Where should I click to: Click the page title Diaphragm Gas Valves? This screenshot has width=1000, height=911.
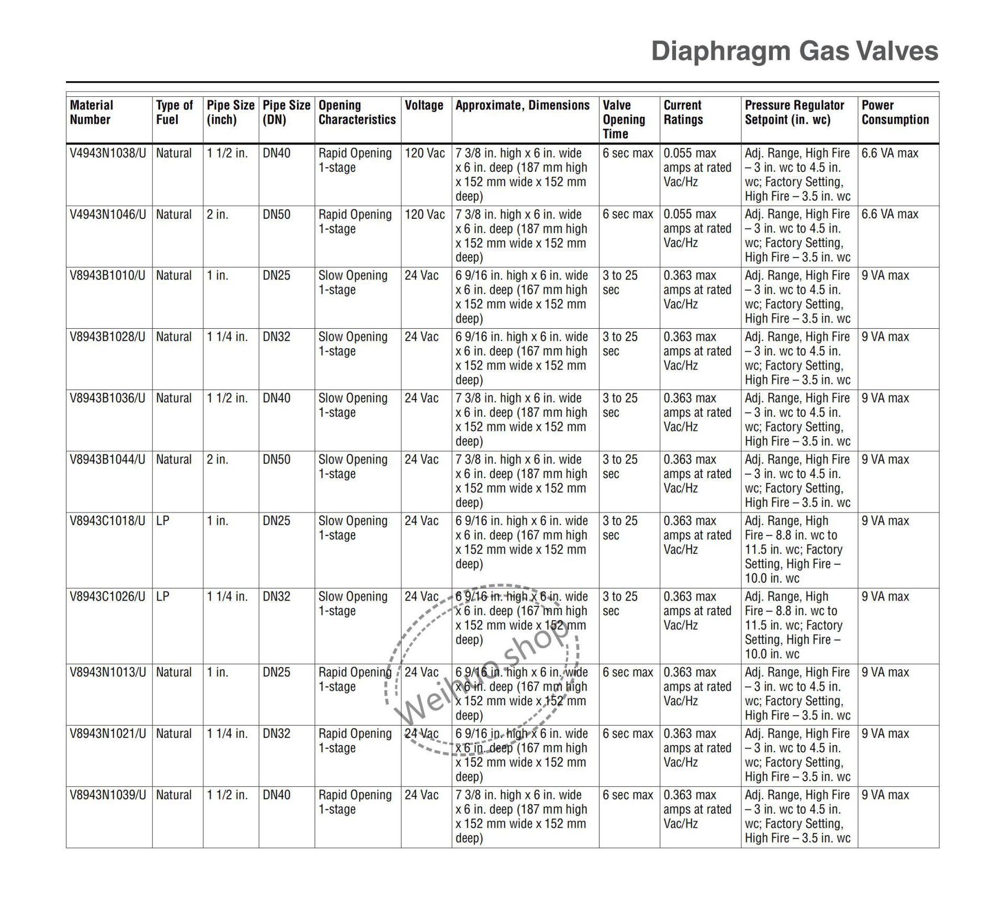pos(794,51)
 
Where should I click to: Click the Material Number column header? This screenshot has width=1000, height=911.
pos(91,113)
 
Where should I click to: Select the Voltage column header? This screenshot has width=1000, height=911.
pos(424,106)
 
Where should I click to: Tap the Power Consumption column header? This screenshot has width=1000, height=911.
pos(895,113)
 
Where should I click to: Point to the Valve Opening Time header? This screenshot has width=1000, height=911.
pos(624,119)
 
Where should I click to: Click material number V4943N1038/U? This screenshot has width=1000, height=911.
pos(108,153)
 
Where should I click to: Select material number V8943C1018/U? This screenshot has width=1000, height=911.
pos(107,521)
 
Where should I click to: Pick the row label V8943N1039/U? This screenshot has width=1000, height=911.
pos(108,795)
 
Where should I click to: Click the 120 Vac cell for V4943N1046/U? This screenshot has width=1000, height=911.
pos(425,215)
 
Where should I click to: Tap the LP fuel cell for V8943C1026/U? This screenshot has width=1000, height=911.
pos(163,596)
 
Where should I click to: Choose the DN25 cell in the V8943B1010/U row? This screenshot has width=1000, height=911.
pos(276,276)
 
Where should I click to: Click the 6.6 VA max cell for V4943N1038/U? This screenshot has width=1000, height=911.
pos(890,153)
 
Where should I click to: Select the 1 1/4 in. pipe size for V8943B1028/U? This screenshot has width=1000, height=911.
pos(227,337)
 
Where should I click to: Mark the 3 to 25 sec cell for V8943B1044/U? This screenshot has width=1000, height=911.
pos(620,466)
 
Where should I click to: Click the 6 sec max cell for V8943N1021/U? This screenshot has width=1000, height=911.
pos(628,734)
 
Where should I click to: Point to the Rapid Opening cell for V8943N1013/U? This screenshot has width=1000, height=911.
pos(355,679)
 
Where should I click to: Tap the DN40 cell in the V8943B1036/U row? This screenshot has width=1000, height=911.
pos(276,398)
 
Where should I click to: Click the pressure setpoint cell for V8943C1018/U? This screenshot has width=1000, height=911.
pos(794,550)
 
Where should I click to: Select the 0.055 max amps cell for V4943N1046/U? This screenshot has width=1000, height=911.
pos(697,228)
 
